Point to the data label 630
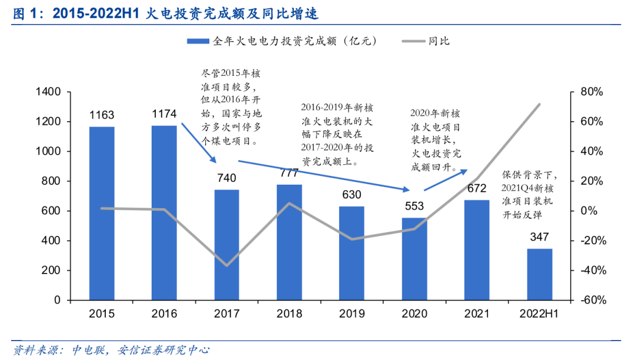(352, 195)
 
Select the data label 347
(539, 237)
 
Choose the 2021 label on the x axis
(477, 314)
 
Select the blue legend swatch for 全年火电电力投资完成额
(198, 41)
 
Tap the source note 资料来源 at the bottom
(112, 350)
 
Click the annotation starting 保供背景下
(529, 195)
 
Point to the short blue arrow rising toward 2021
(445, 179)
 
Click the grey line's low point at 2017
(226, 265)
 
